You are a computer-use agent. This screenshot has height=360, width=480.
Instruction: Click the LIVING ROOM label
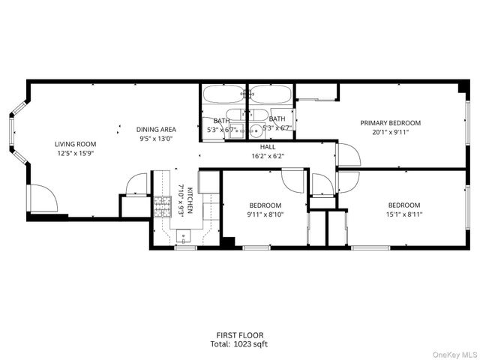pyautogui.click(x=75, y=144)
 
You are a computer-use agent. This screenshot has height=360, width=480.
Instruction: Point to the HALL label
pyautogui.click(x=268, y=148)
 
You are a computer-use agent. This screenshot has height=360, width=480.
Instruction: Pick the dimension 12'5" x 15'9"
pyautogui.click(x=75, y=153)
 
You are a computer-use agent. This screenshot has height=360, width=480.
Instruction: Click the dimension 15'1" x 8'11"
pyautogui.click(x=403, y=214)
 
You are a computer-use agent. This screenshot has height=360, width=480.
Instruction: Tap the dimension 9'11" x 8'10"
pyautogui.click(x=265, y=214)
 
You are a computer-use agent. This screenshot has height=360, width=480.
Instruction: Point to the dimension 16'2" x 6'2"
pyautogui.click(x=268, y=157)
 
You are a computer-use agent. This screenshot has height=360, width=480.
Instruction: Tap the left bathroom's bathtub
pyautogui.click(x=223, y=94)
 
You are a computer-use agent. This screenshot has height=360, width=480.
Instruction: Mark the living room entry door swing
pyautogui.click(x=42, y=198)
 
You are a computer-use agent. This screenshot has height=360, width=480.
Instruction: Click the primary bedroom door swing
pyautogui.click(x=348, y=154)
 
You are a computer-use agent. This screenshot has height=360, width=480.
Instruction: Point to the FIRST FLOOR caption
pyautogui.click(x=240, y=335)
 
